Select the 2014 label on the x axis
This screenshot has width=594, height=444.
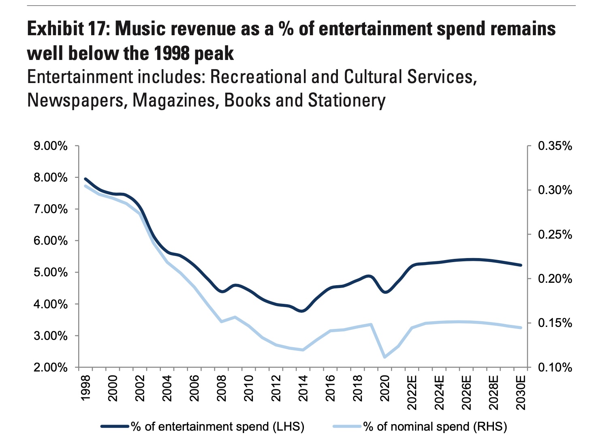coord(303,388)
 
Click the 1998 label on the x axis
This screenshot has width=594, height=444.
coord(85,388)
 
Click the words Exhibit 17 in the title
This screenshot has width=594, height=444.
coord(65,29)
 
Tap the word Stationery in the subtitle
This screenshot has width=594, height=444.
coord(347,100)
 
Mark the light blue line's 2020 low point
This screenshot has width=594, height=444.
coord(385,357)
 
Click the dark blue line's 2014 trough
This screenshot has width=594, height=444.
coord(302,311)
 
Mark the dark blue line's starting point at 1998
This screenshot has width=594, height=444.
coord(85,179)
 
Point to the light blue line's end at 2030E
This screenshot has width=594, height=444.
coord(521,328)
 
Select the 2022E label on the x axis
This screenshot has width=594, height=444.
coord(412,393)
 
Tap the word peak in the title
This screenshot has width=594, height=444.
coord(214,53)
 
